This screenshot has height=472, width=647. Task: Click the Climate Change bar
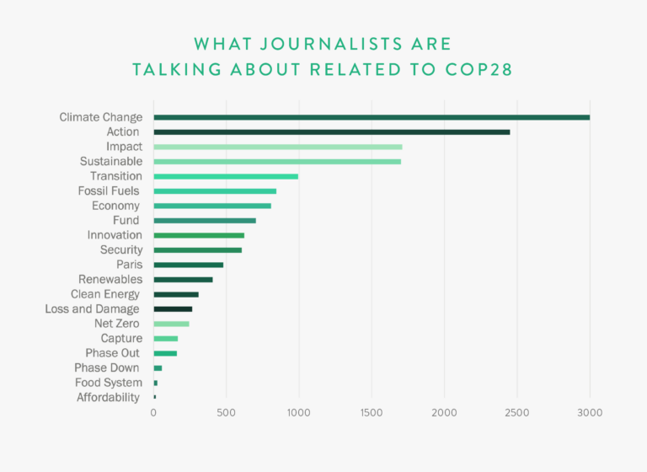pyautogui.click(x=371, y=117)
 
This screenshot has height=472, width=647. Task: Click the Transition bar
pyautogui.click(x=225, y=176)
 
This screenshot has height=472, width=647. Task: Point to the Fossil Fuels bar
pyautogui.click(x=214, y=191)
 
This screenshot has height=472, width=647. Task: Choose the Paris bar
pyautogui.click(x=188, y=265)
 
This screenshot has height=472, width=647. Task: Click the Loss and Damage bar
pyautogui.click(x=172, y=309)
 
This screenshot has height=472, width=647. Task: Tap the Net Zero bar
pyautogui.click(x=171, y=324)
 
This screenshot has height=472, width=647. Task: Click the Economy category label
pyautogui.click(x=117, y=206)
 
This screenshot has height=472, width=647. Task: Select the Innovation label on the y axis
pyautogui.click(x=115, y=235)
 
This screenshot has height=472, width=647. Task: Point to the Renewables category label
pyautogui.click(x=110, y=279)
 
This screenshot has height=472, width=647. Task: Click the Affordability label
pyautogui.click(x=108, y=397)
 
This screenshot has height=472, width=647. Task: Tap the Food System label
pyautogui.click(x=109, y=383)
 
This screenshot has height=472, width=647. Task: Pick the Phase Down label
pyautogui.click(x=107, y=367)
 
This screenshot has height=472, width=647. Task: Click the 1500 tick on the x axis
pyautogui.click(x=371, y=413)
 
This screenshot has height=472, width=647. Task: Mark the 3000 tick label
pyautogui.click(x=589, y=413)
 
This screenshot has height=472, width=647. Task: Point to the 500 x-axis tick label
pyautogui.click(x=226, y=413)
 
